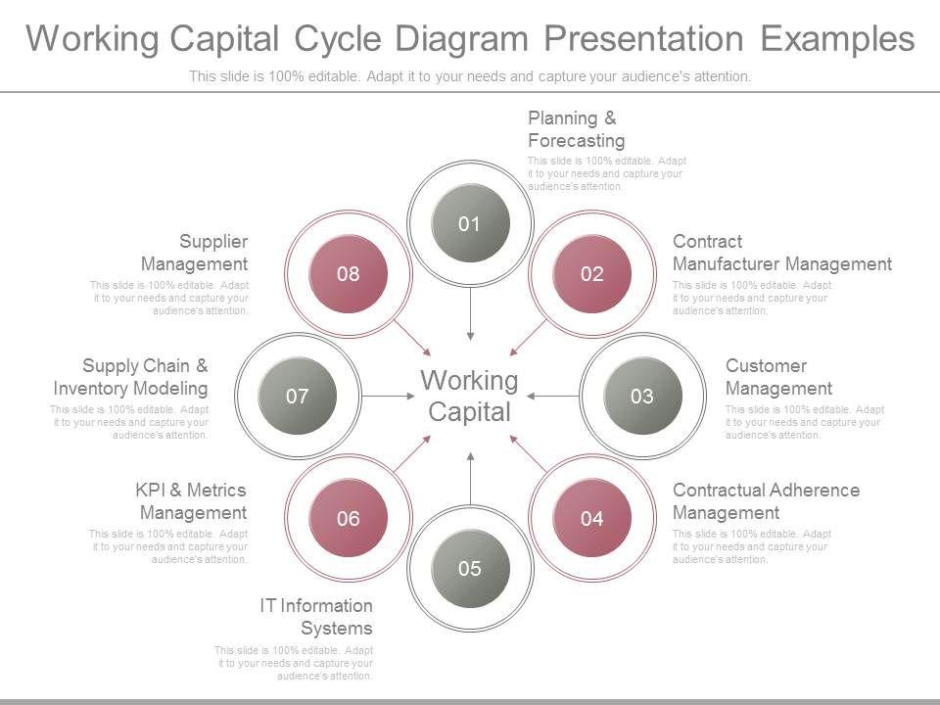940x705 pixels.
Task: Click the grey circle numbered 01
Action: pos(470,223)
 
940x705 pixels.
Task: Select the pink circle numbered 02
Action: pos(591,274)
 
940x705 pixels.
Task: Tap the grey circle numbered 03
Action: pos(641,396)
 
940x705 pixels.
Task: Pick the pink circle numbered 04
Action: pos(591,518)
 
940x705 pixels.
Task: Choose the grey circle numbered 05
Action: pos(470,568)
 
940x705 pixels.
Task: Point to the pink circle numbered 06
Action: pos(349,518)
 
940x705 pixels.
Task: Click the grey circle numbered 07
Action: pos(298,396)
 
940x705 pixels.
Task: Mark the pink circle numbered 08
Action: pos(349,274)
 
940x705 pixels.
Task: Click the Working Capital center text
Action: pos(470,396)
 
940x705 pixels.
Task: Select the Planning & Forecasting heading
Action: pos(576,129)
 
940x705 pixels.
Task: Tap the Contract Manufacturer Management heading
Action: pos(781,253)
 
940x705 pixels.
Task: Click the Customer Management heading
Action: pos(778,377)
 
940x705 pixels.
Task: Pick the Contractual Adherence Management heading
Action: pos(766,501)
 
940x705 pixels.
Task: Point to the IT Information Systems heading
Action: pos(316,617)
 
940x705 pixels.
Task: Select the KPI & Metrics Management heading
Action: pos(192,501)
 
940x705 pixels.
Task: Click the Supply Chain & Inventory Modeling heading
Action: pos(131,377)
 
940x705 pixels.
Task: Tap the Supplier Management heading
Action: pos(195,253)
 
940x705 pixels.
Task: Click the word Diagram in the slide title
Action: pos(461,39)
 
